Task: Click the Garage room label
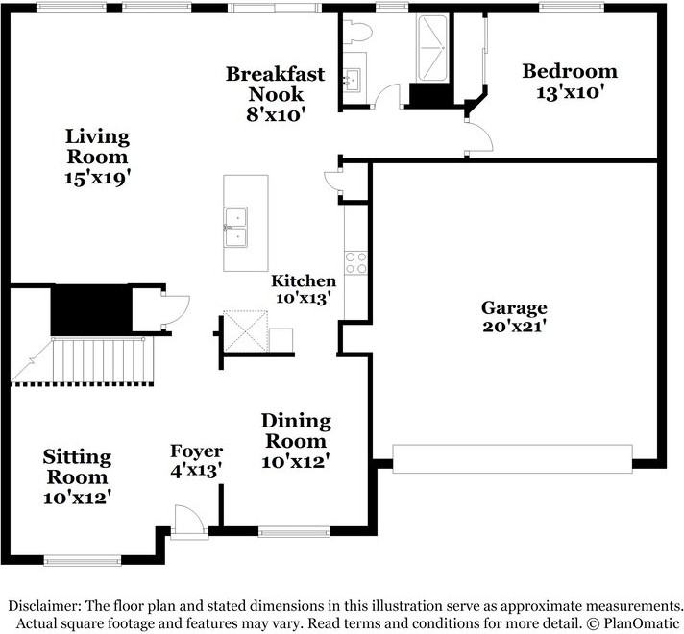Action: pyautogui.click(x=514, y=308)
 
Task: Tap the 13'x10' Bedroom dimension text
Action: pyautogui.click(x=570, y=92)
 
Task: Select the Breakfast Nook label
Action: pyautogui.click(x=276, y=84)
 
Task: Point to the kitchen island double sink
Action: pyautogui.click(x=235, y=228)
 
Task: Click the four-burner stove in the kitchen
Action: pyautogui.click(x=356, y=263)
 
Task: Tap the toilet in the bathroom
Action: pyautogui.click(x=356, y=32)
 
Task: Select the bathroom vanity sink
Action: pyautogui.click(x=352, y=80)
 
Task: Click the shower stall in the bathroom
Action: pyautogui.click(x=432, y=48)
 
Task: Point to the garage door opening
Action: pyautogui.click(x=513, y=458)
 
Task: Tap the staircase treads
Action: pyautogui.click(x=99, y=360)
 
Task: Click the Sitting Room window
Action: pyautogui.click(x=83, y=560)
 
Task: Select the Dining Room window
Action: pyautogui.click(x=294, y=531)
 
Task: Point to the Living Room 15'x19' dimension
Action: pyautogui.click(x=98, y=178)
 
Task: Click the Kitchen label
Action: pyautogui.click(x=304, y=280)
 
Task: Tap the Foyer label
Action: pyautogui.click(x=196, y=451)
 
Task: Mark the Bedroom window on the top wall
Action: pyautogui.click(x=572, y=7)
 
